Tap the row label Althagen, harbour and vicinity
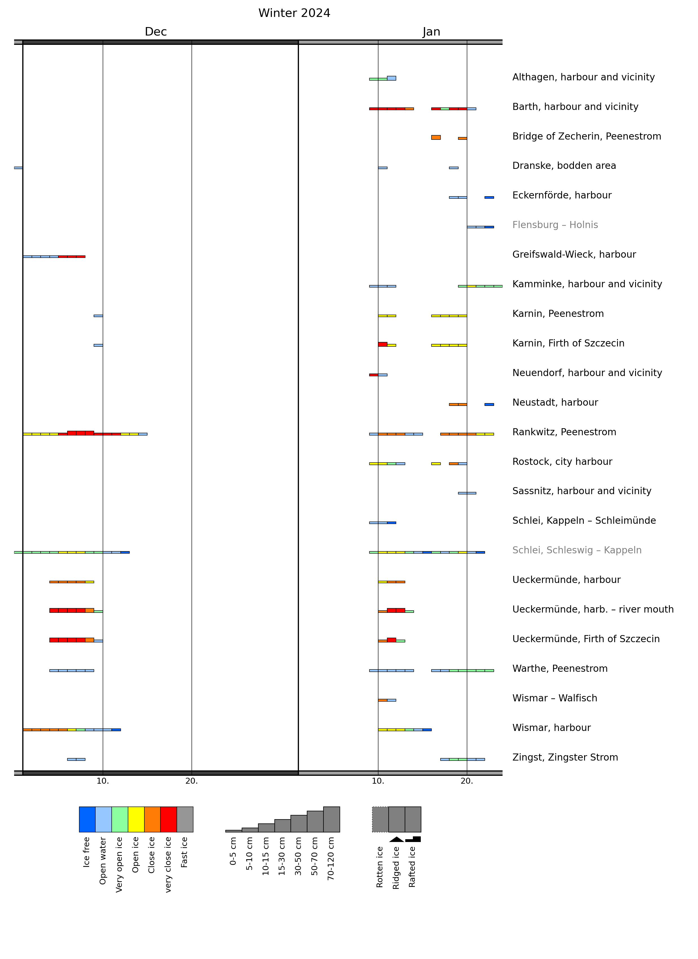click(583, 77)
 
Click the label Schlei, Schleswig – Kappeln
click(576, 550)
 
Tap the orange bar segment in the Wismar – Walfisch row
click(382, 700)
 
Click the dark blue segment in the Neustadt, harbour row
click(489, 405)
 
